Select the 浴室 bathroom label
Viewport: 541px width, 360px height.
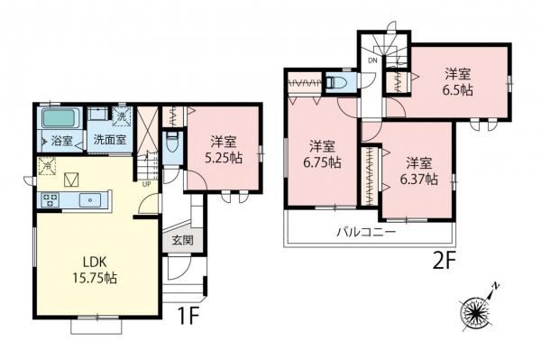pos(61,141)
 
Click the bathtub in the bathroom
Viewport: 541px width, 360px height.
pos(62,118)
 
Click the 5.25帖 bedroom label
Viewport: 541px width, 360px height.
pos(224,149)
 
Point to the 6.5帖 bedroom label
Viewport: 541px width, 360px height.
pos(457,82)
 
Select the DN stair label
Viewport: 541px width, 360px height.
pos(371,61)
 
